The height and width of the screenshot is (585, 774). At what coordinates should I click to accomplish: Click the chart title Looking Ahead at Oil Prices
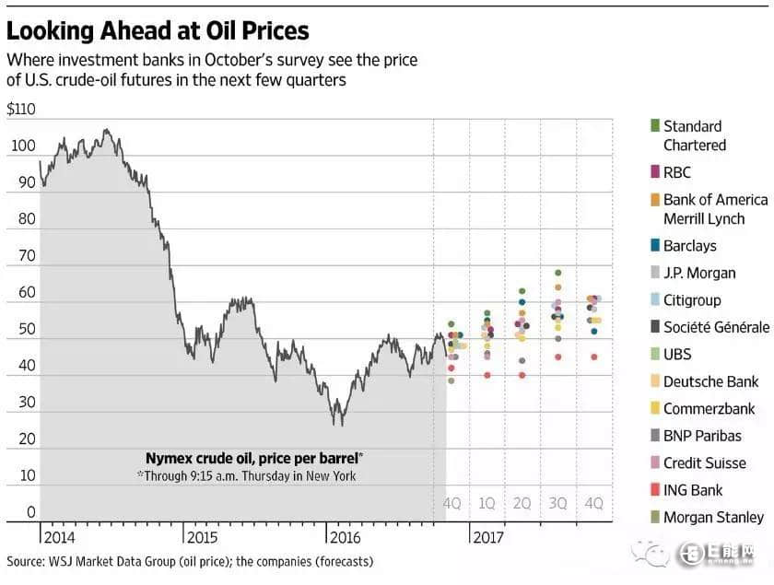(x=158, y=30)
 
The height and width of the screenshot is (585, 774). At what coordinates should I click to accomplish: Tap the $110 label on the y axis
(x=20, y=109)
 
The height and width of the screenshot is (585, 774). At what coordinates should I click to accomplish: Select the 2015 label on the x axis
(x=202, y=536)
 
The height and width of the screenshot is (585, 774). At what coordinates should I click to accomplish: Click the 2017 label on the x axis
(x=489, y=536)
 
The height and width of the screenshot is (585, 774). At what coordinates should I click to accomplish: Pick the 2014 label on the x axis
(x=58, y=536)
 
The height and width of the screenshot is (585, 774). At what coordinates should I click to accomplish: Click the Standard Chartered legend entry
(x=694, y=135)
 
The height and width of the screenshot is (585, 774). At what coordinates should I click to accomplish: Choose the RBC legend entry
(x=676, y=172)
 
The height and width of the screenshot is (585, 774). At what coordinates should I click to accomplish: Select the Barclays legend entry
(x=689, y=246)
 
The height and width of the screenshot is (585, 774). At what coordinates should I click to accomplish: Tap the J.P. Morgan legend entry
(x=699, y=273)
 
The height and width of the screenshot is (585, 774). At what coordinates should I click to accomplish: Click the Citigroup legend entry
(x=692, y=299)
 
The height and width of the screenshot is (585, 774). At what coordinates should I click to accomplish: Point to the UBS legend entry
(x=676, y=354)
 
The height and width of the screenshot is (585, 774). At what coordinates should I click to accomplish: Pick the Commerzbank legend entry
(x=709, y=408)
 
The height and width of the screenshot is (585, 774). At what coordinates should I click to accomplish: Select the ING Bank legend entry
(x=693, y=490)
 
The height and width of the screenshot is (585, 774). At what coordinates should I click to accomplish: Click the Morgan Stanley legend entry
(x=713, y=517)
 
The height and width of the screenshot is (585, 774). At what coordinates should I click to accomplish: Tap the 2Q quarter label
(x=522, y=504)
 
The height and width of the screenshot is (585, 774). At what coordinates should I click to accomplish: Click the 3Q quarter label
(x=558, y=504)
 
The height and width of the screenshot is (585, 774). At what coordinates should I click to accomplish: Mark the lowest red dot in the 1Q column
(x=487, y=375)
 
